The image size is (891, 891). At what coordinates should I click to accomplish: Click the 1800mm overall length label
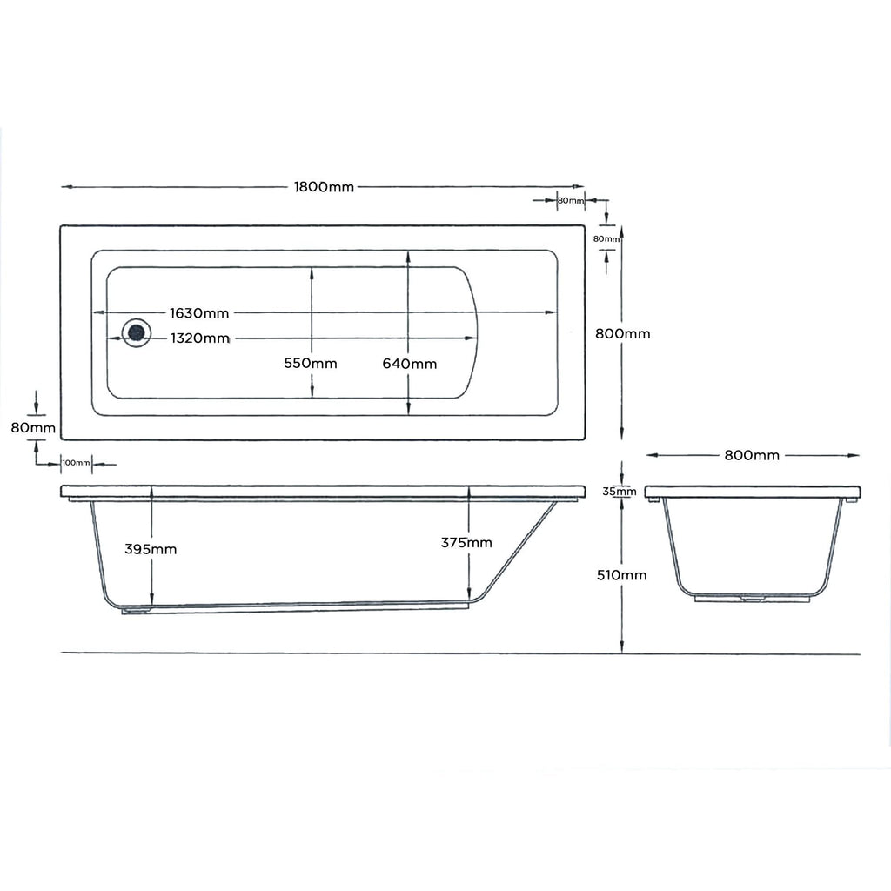(x=324, y=187)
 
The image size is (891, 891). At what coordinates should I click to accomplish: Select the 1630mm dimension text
(x=199, y=312)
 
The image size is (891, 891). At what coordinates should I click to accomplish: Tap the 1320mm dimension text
(x=200, y=338)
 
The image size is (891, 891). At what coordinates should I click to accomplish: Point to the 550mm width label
(x=311, y=364)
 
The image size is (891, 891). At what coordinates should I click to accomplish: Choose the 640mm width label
(x=410, y=364)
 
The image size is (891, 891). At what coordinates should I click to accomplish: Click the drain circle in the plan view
(x=136, y=332)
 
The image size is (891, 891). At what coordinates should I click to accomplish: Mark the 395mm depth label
(x=151, y=549)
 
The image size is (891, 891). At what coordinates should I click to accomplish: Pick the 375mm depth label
(x=466, y=543)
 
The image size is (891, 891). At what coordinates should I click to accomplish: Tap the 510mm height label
(x=621, y=575)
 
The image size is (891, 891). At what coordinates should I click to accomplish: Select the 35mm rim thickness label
(x=620, y=492)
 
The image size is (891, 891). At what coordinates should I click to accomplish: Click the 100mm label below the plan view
(x=77, y=463)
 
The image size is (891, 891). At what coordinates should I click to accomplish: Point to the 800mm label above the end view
(x=752, y=455)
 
